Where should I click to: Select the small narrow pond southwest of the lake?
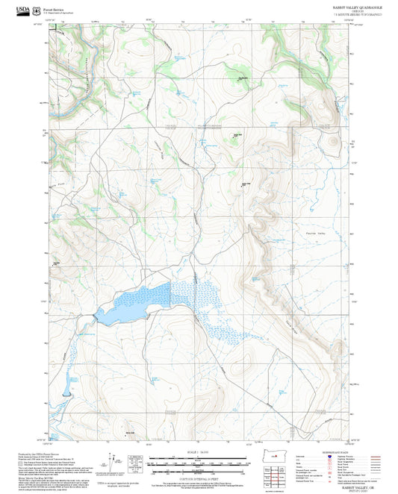pyautogui.click(x=67, y=384)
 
